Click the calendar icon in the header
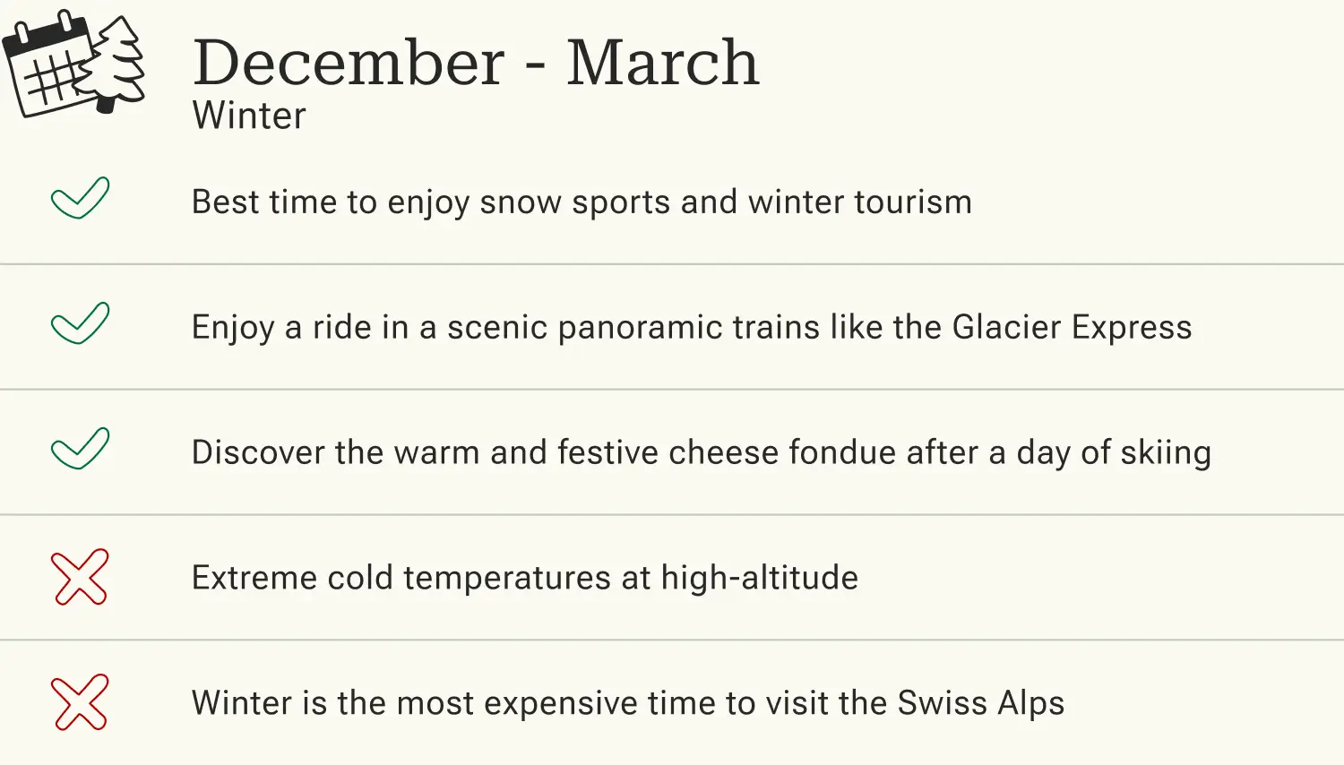coord(49,67)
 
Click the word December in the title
coord(349,63)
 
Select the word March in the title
coord(662,63)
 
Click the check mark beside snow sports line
coord(80,198)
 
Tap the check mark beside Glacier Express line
coord(80,323)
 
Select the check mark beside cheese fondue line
coord(80,449)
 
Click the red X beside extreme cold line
coord(80,577)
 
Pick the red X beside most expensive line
coord(80,702)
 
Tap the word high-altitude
coord(760,579)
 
